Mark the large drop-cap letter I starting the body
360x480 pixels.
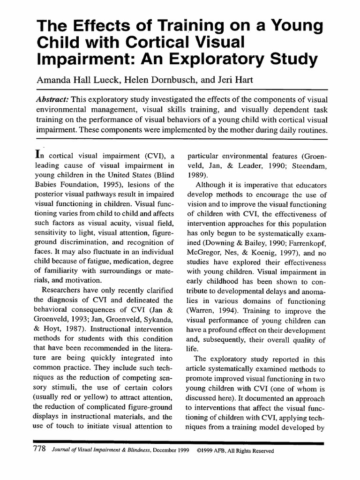pos(39,154)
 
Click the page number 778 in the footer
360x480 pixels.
pos(38,450)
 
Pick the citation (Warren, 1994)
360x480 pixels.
pos(210,311)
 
